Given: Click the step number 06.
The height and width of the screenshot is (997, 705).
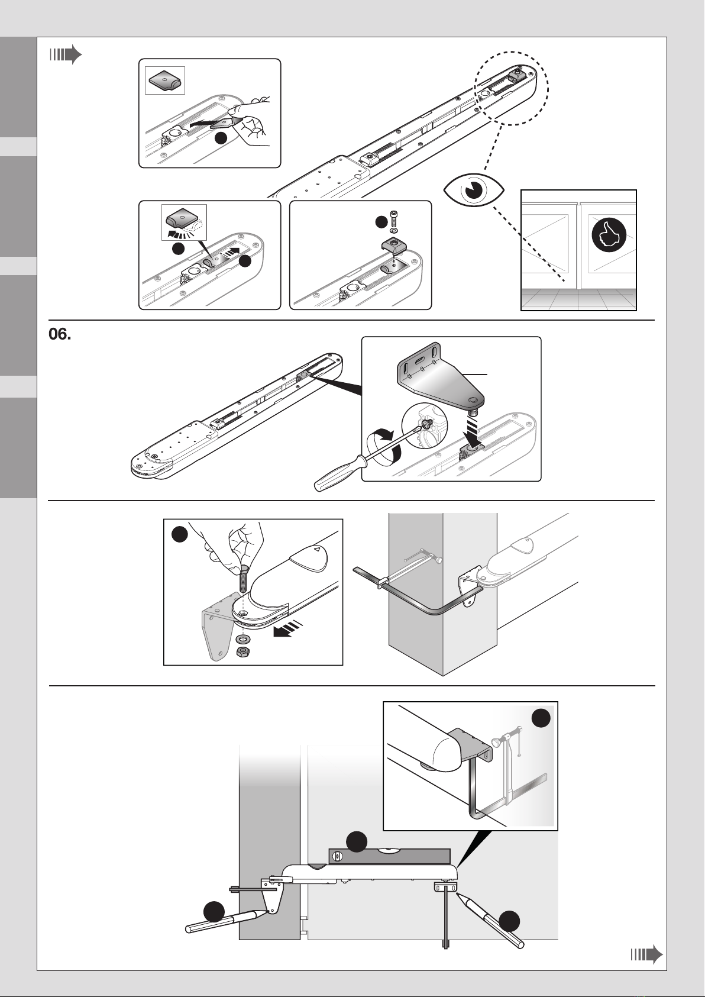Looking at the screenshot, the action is pos(60,334).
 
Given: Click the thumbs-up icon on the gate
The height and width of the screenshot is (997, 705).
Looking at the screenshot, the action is pos(609,235).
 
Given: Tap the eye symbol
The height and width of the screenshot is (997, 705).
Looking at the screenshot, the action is pos(474,190).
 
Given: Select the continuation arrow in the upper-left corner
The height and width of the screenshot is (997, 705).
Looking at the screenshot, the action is pos(66,55).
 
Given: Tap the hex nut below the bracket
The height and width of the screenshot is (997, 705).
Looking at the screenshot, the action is pos(242,653).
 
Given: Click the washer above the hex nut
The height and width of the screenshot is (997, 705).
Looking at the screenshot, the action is pos(242,638).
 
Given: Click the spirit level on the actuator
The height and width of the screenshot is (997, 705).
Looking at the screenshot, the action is pos(389,856).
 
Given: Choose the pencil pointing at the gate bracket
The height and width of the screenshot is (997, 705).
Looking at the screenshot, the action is pos(489,919).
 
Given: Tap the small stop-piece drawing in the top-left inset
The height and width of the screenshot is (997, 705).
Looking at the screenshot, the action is pos(164,81).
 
